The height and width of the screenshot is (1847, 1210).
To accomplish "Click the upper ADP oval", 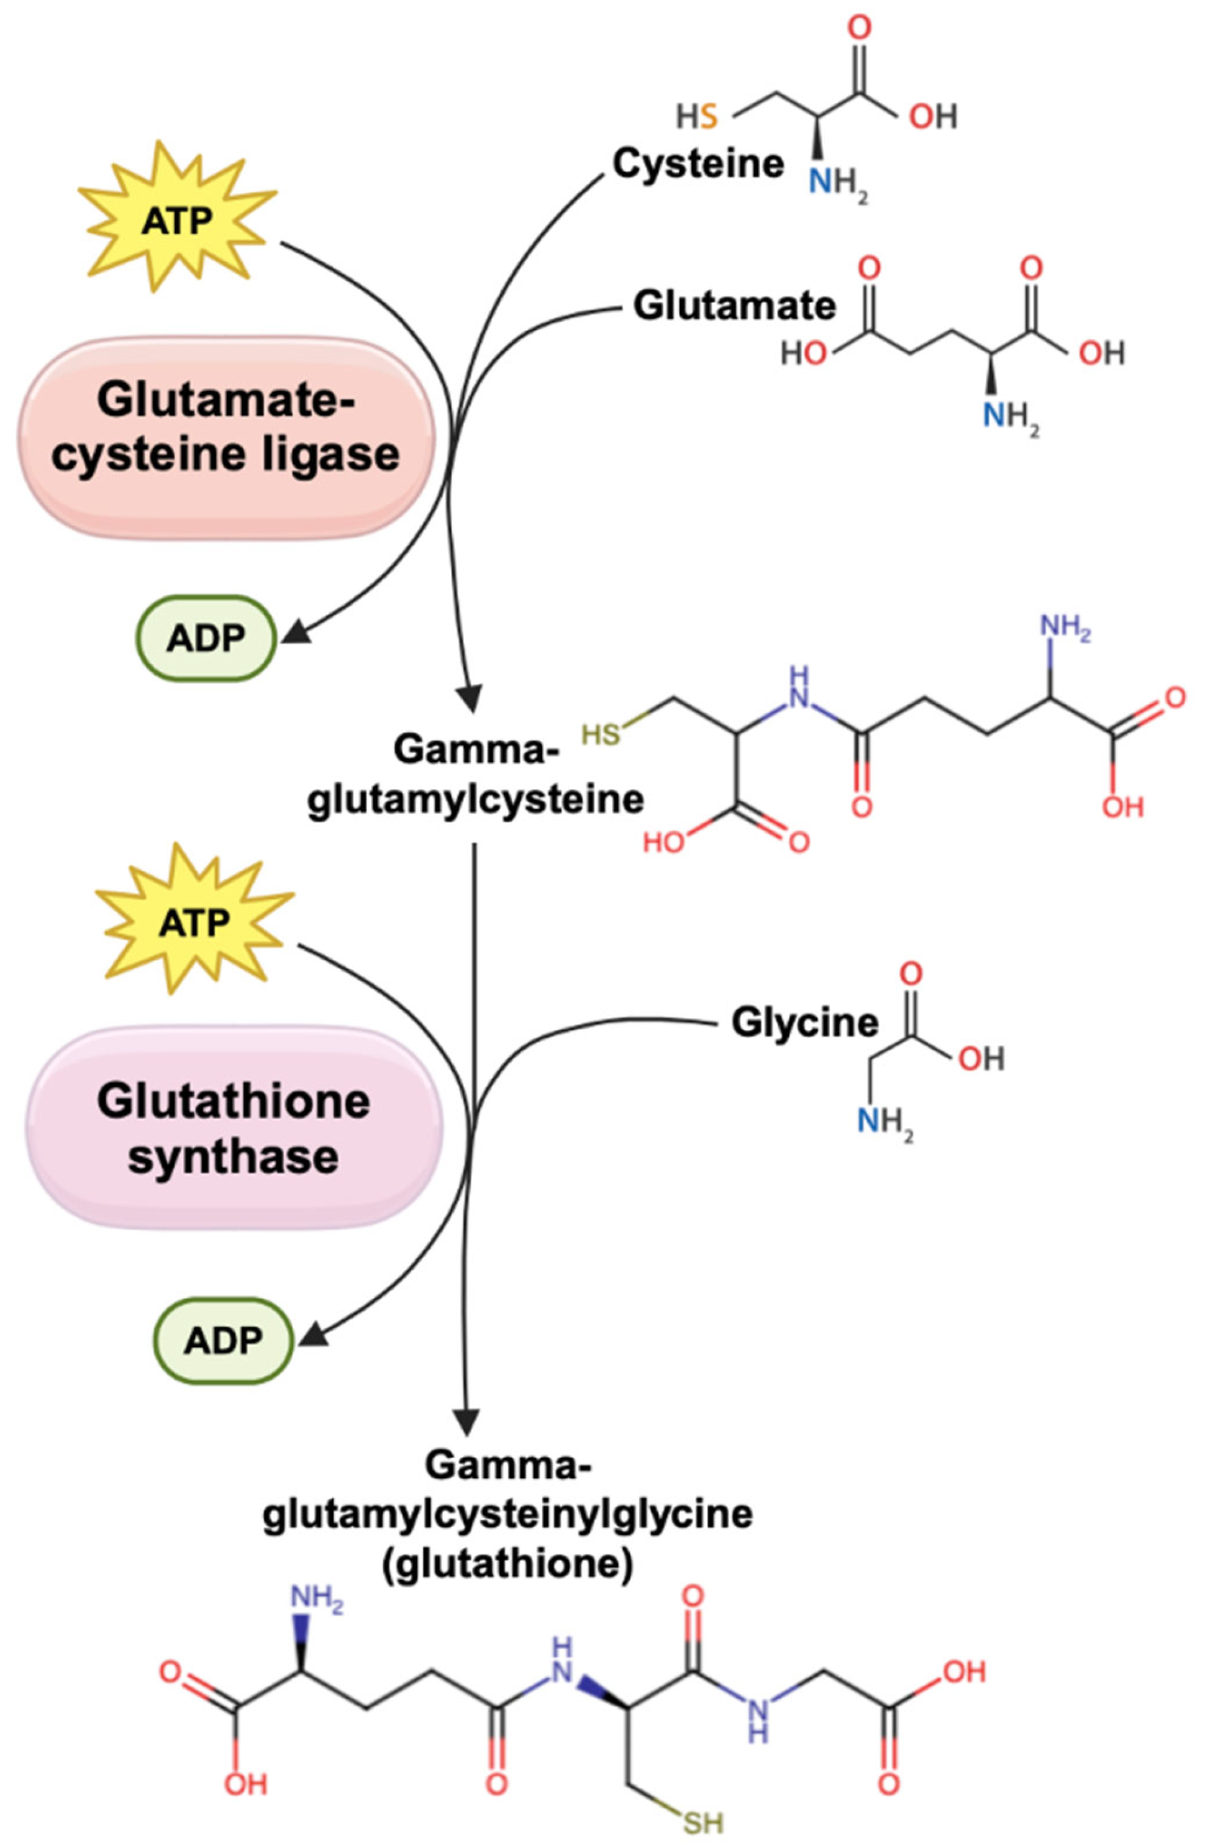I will [x=206, y=638].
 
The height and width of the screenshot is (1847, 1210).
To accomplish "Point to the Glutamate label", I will [x=734, y=306].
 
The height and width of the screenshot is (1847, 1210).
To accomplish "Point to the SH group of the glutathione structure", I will [x=703, y=1821].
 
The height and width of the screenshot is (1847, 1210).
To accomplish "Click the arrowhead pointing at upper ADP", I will [x=296, y=632].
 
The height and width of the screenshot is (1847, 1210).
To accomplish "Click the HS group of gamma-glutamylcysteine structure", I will [x=603, y=733].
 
